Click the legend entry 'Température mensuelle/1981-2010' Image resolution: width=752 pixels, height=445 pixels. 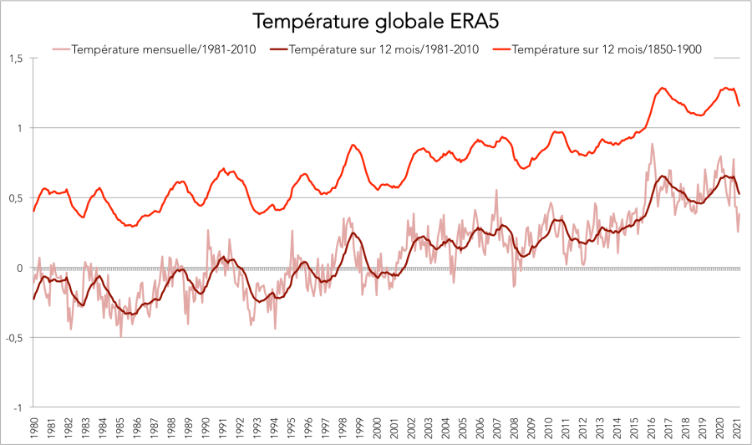point(164,49)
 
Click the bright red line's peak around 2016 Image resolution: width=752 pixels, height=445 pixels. point(662,88)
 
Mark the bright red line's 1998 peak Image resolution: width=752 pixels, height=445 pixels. point(353,145)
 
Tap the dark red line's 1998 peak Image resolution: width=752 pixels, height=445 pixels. point(353,233)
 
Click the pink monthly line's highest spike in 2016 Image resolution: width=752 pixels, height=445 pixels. point(652,144)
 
